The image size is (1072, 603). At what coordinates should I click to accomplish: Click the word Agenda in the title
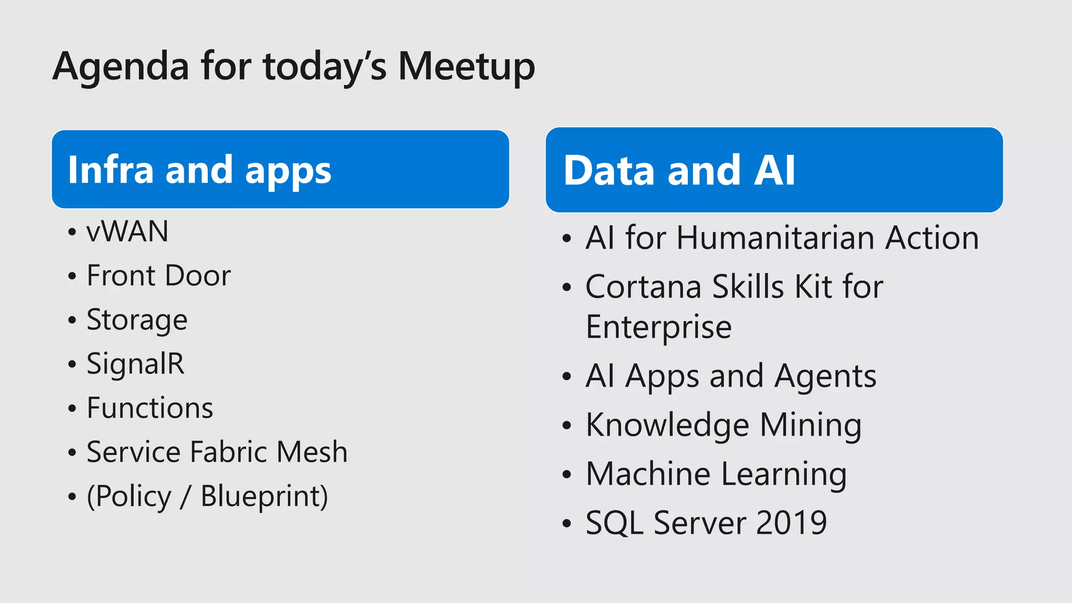[x=121, y=67]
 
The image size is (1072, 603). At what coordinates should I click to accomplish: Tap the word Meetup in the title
[x=466, y=67]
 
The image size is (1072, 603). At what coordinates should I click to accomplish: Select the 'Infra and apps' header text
[x=199, y=170]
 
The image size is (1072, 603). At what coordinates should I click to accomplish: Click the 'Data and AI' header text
[x=679, y=171]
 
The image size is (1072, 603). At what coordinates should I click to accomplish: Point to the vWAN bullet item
[x=127, y=231]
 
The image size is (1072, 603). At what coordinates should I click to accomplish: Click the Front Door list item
[x=158, y=275]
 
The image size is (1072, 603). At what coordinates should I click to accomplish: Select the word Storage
[x=137, y=320]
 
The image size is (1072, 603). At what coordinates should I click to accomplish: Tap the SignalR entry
[x=135, y=364]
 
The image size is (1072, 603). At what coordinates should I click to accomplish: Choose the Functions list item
[x=150, y=408]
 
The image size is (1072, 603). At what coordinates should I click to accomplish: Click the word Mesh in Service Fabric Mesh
[x=312, y=452]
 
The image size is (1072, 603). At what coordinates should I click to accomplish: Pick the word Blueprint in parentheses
[x=263, y=496]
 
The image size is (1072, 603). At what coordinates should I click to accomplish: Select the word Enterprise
[x=658, y=327]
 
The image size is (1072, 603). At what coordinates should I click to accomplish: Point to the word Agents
[x=825, y=376]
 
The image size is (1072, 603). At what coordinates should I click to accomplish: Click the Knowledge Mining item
[x=723, y=425]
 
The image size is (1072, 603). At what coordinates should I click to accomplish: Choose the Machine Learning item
[x=716, y=474]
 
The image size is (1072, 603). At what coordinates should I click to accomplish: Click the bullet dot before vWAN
[x=72, y=232]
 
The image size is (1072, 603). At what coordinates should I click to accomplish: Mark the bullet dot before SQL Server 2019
[x=567, y=523]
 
